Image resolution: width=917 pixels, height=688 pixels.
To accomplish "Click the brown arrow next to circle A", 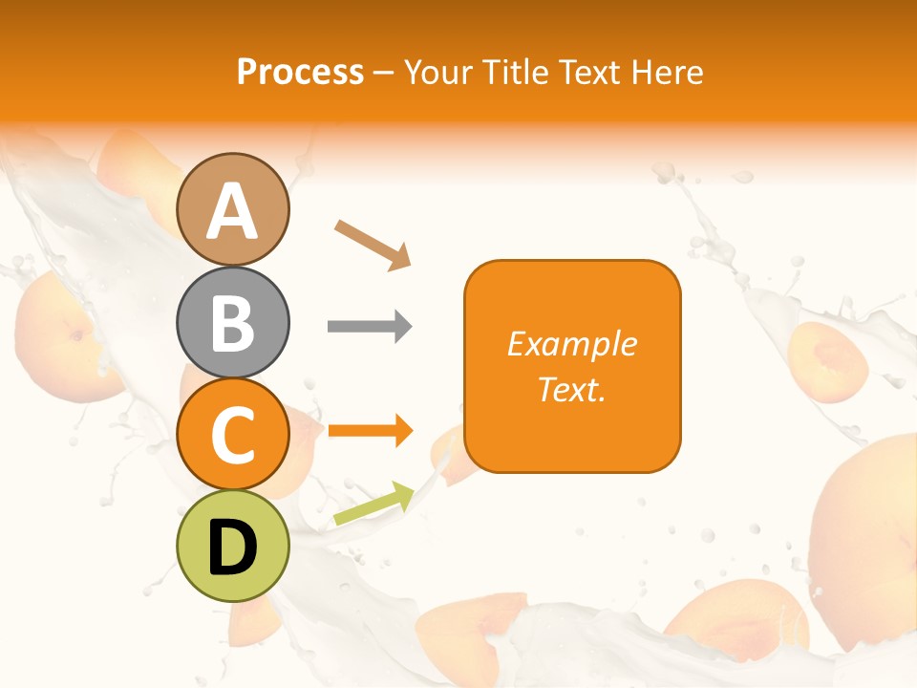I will coord(373,245).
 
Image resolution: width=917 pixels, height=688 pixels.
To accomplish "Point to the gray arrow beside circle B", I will coord(370,327).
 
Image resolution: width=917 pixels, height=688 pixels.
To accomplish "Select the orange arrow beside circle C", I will coord(370,431).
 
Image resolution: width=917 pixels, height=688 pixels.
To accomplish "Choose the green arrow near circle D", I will coord(373,505).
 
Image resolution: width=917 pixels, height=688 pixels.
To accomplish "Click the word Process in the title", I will coord(300,73).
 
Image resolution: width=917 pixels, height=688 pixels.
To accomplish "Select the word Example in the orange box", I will coord(571,344).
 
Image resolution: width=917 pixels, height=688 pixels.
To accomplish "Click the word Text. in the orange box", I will coord(571,389).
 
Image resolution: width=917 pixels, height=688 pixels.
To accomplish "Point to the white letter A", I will coord(232,211).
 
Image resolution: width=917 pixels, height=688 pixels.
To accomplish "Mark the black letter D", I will coord(232,548).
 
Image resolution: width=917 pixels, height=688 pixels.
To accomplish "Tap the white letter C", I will coord(232,435).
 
